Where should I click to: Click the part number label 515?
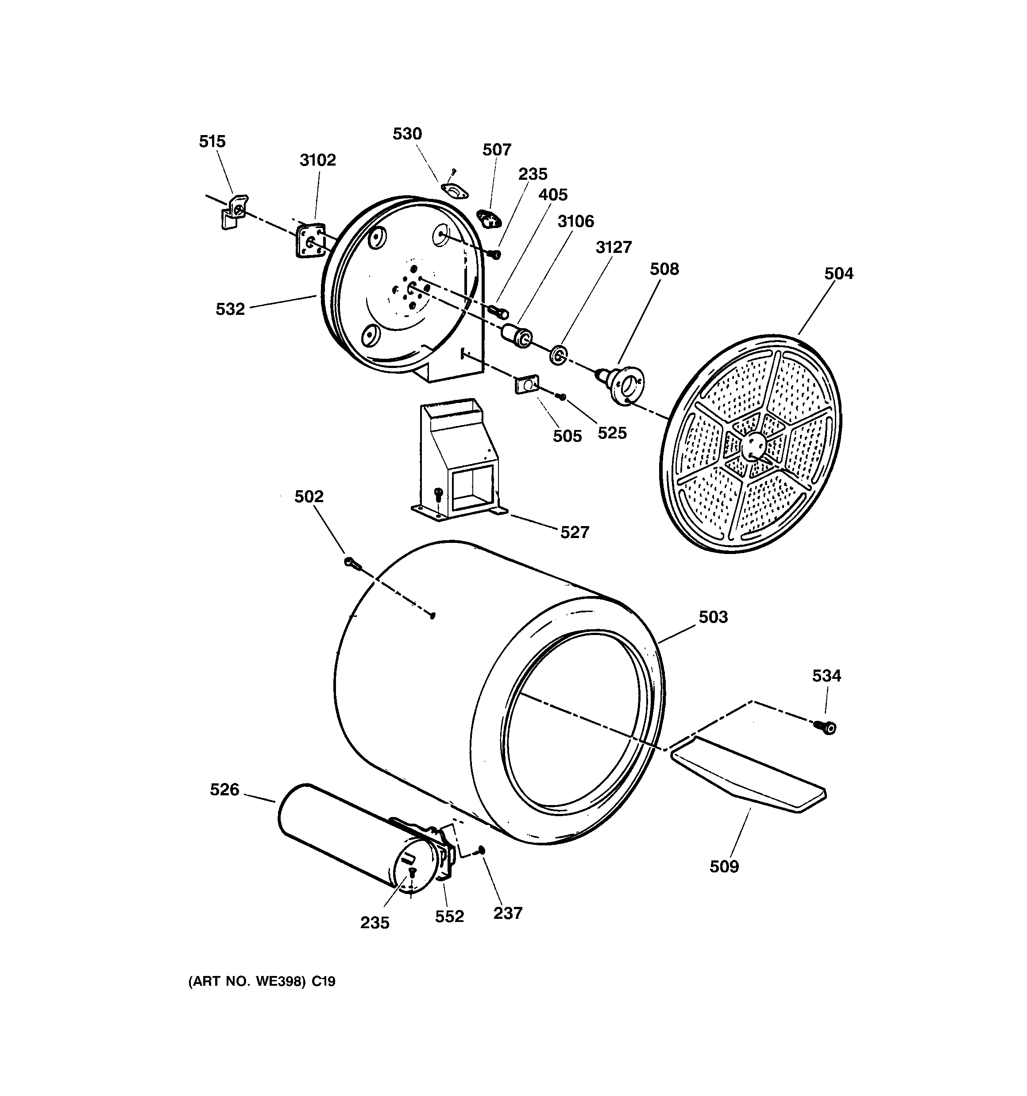(212, 142)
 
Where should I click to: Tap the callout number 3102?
(317, 160)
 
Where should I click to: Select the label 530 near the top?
(407, 134)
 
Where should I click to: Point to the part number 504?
(838, 274)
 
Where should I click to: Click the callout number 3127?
(614, 247)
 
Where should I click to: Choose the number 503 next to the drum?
(713, 617)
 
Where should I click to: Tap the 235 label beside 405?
(533, 174)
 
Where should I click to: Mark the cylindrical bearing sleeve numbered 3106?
(517, 335)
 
